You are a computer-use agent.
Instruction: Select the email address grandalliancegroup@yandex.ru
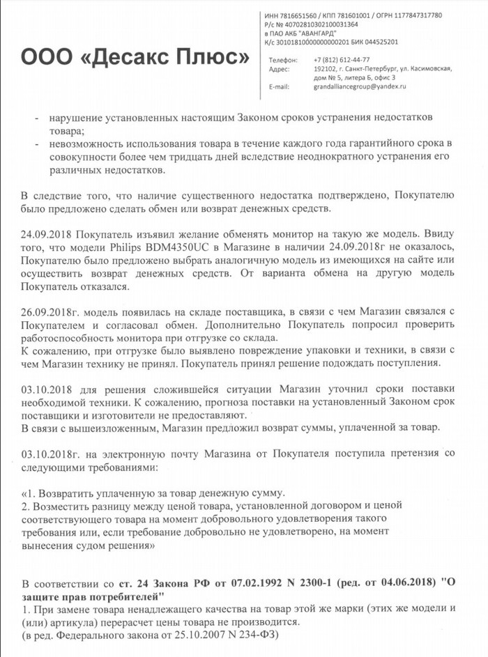[x=360, y=86]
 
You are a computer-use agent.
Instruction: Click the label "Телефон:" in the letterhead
[x=282, y=59]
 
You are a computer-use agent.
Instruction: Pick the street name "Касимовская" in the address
[x=429, y=68]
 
